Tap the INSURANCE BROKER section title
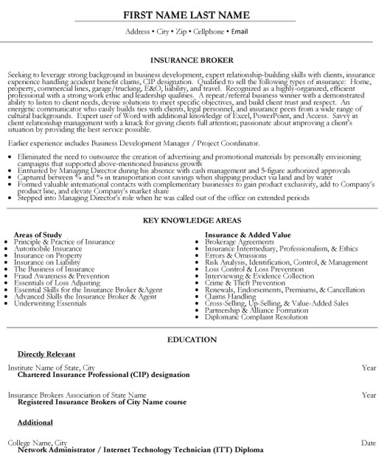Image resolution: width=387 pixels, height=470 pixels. pyautogui.click(x=193, y=61)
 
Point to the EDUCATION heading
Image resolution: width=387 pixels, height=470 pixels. pyautogui.click(x=193, y=341)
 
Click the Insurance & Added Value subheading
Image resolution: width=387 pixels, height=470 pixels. pyautogui.click(x=243, y=233)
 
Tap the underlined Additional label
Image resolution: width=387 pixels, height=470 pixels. pyautogui.click(x=35, y=422)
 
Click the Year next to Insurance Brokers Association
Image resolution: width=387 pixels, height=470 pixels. pyautogui.click(x=369, y=395)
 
